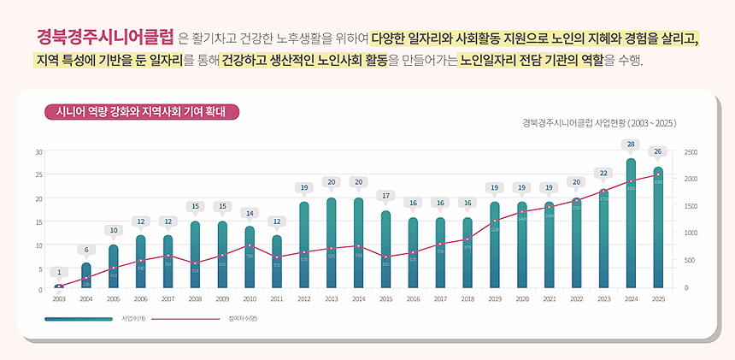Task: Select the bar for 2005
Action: pyautogui.click(x=114, y=266)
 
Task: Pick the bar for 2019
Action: pyautogui.click(x=495, y=245)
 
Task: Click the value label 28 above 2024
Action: pyautogui.click(x=631, y=145)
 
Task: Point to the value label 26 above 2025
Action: pyautogui.click(x=657, y=151)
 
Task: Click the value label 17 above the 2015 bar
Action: pyautogui.click(x=385, y=196)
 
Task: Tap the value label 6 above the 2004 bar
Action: pyautogui.click(x=85, y=250)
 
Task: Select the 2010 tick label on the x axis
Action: pyautogui.click(x=250, y=299)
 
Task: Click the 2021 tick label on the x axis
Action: pyautogui.click(x=549, y=299)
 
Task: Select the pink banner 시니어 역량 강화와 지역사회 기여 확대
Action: pyautogui.click(x=141, y=112)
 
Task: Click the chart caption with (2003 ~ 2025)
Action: pyautogui.click(x=599, y=123)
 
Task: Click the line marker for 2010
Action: pyautogui.click(x=250, y=245)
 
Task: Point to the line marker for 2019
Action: pyautogui.click(x=495, y=221)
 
